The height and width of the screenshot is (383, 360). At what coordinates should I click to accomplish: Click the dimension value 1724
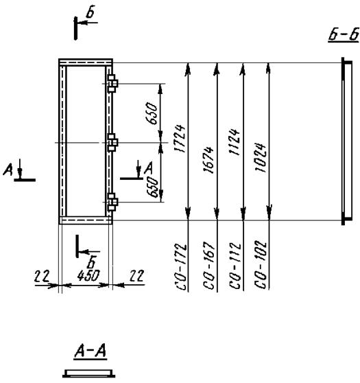click(x=180, y=139)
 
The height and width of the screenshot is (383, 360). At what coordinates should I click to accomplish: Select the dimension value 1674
click(x=209, y=160)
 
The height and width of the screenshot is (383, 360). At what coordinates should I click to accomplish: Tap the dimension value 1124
click(x=235, y=142)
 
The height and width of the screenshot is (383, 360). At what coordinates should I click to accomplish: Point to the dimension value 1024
click(x=260, y=158)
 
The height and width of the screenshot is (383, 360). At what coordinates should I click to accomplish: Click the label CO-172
click(x=181, y=266)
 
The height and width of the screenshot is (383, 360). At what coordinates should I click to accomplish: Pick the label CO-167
click(x=209, y=266)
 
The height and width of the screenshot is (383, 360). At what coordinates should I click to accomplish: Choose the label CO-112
click(x=235, y=266)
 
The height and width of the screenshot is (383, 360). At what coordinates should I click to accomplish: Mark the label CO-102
click(x=260, y=265)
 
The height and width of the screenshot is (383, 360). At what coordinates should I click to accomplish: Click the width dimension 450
click(x=88, y=276)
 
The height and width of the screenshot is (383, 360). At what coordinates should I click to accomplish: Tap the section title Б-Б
click(x=344, y=34)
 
